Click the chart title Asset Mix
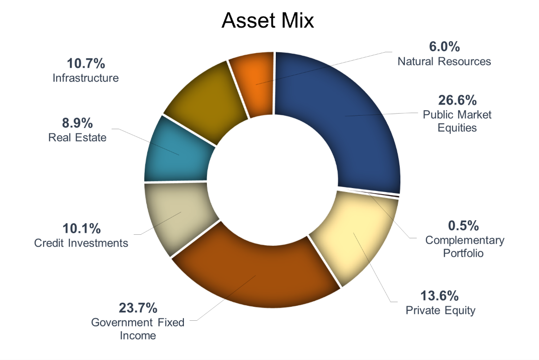coord(268,21)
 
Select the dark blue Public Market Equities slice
coord(347,121)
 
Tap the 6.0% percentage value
coord(444,47)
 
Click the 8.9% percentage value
coord(77,123)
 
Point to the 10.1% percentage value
coord(81,229)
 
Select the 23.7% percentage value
coord(138,307)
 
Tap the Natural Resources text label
coord(444,61)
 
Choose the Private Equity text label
coord(440,310)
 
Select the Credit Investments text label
coord(81,243)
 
